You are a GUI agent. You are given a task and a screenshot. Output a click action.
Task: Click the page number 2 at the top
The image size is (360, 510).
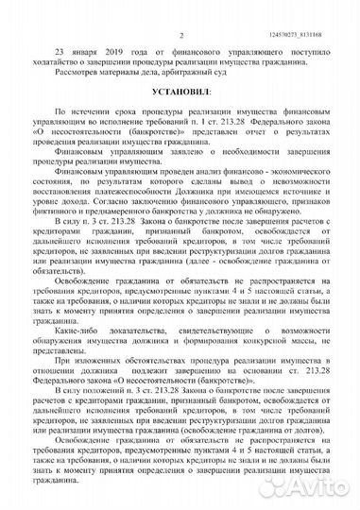[x=179, y=8]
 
